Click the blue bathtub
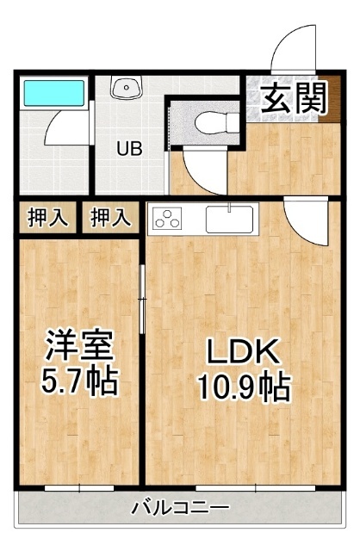(53, 93)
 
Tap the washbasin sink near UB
(127, 87)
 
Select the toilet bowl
(216, 123)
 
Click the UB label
(129, 149)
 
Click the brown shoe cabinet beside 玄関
(330, 99)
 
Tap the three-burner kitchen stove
(167, 218)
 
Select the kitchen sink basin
(229, 220)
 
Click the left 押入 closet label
(47, 218)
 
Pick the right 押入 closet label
(111, 218)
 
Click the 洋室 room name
(79, 345)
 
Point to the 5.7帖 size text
(79, 381)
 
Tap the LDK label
(244, 351)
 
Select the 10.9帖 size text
(245, 387)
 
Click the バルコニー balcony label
(180, 508)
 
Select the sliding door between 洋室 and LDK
(142, 299)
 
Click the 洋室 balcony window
(79, 488)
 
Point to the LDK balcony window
(256, 488)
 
